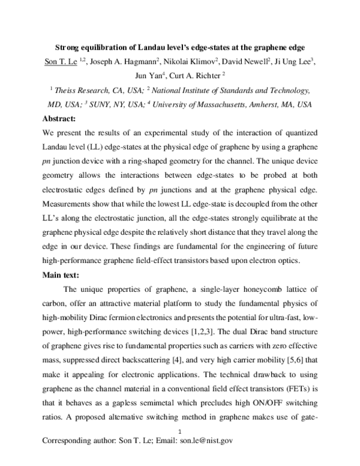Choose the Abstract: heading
coord(64,119)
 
